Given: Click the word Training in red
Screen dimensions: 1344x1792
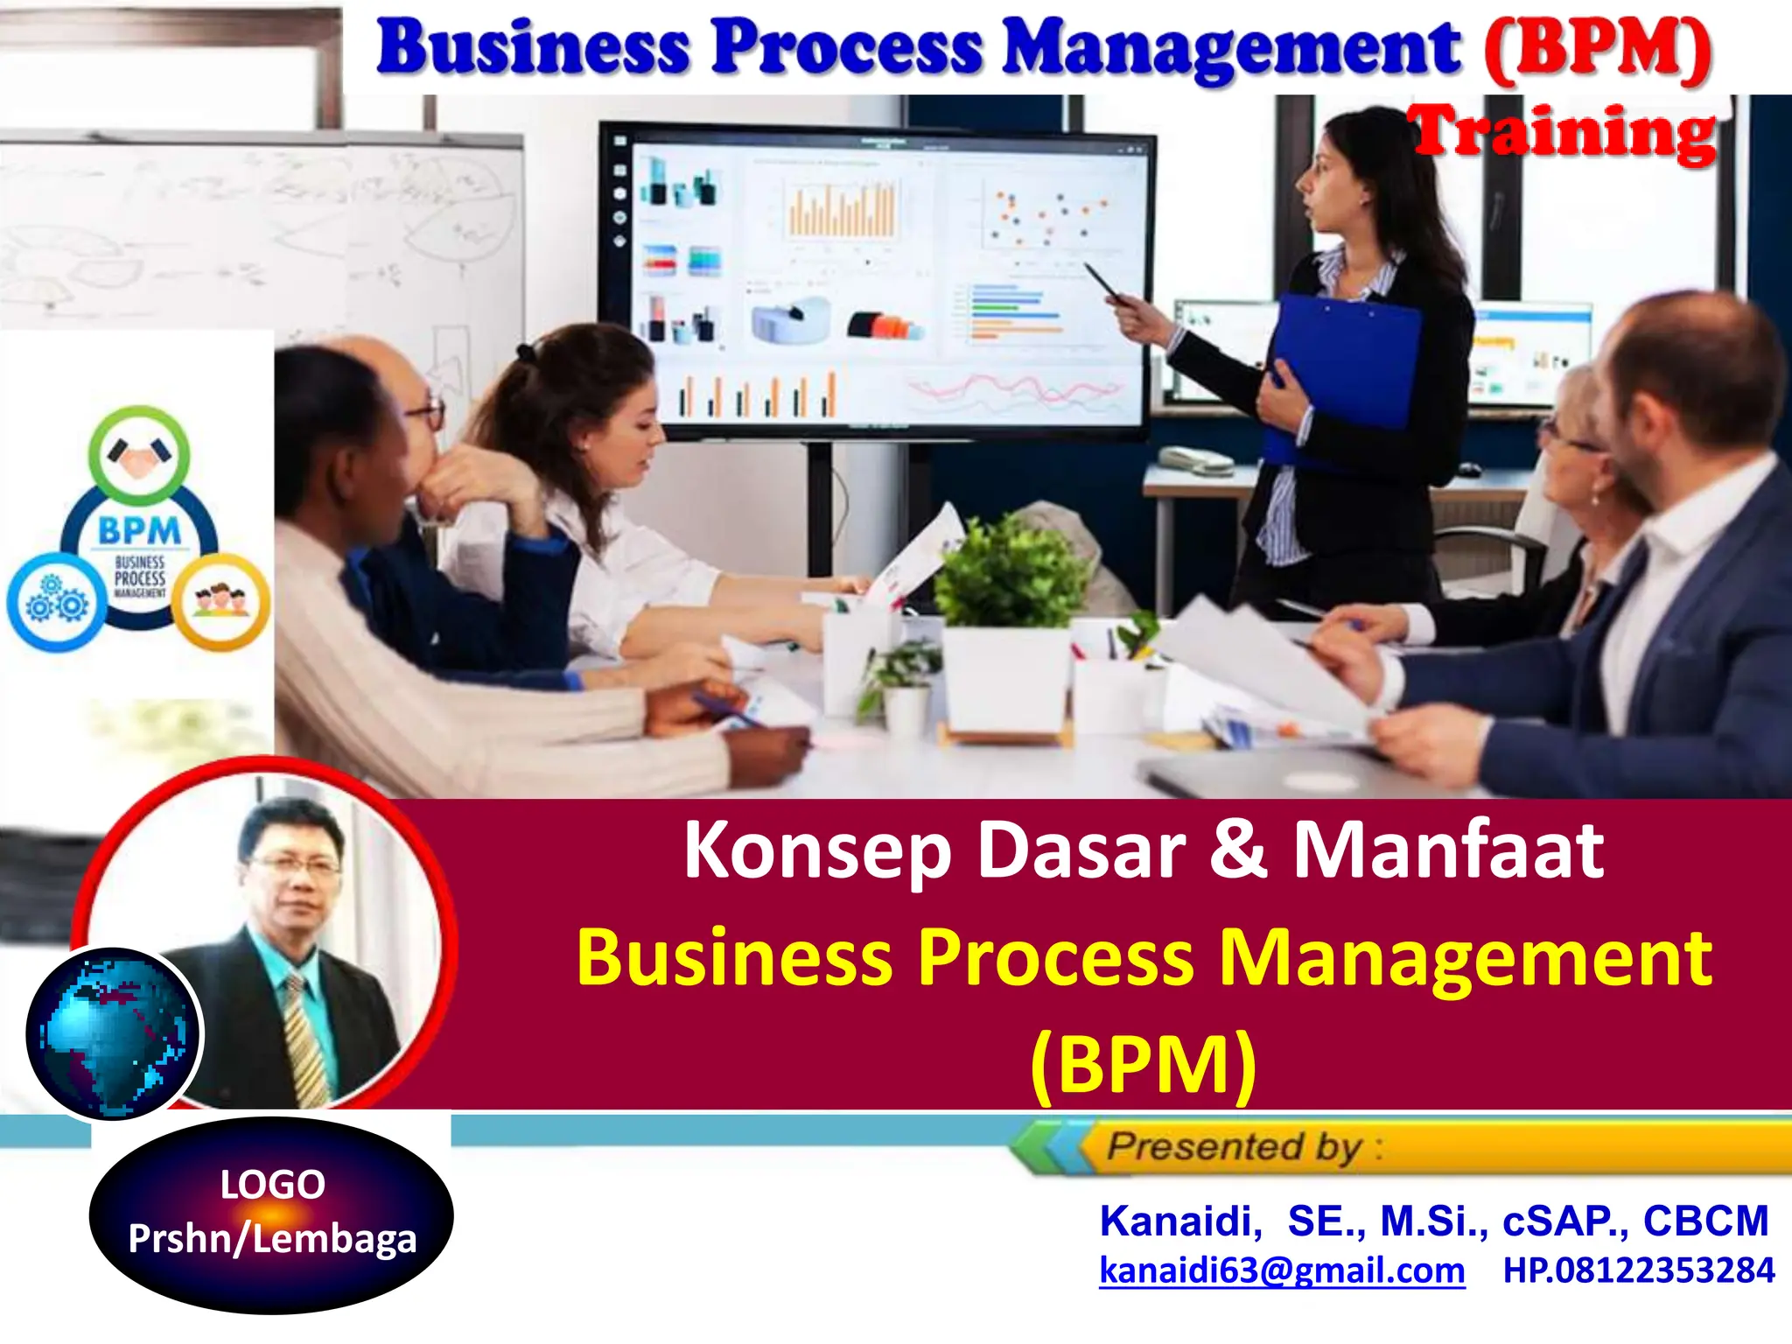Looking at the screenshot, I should [x=1564, y=133].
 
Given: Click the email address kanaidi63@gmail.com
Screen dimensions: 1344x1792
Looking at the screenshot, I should [x=1282, y=1270].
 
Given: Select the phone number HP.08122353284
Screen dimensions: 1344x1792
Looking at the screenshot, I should [x=1639, y=1270].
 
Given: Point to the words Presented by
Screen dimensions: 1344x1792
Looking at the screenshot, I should [x=1234, y=1146].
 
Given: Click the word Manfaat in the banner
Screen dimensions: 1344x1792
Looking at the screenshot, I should [x=1448, y=850].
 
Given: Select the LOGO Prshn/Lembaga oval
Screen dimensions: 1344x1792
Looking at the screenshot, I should [x=271, y=1214].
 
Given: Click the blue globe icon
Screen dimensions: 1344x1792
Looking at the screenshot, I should [x=112, y=1032].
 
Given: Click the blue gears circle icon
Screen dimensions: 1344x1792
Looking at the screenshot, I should [x=55, y=601].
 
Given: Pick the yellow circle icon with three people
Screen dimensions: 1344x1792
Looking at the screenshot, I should [x=220, y=601].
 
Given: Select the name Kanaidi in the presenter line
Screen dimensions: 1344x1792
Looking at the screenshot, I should [x=1179, y=1221].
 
